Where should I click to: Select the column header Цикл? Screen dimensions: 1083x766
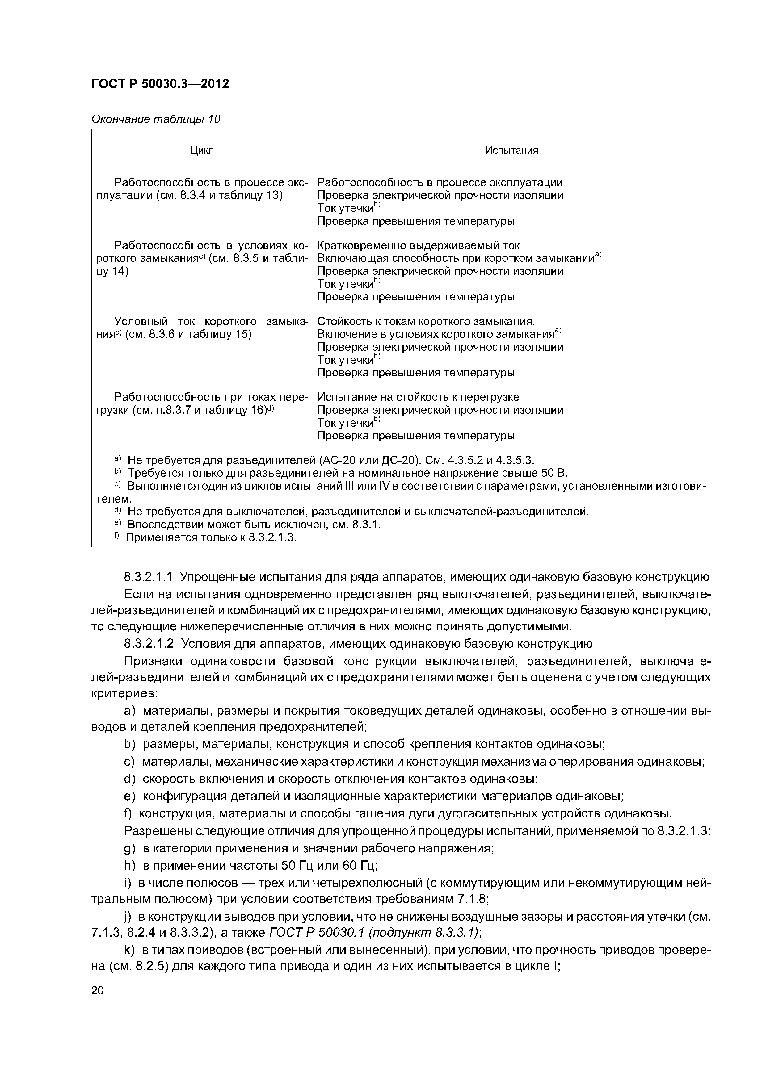(x=202, y=150)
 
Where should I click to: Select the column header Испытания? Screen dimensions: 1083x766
(x=511, y=150)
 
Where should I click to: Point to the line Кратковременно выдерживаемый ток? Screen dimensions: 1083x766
(x=418, y=245)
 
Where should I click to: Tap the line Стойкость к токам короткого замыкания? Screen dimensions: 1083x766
(x=426, y=321)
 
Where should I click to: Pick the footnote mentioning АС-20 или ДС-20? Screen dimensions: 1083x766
(x=330, y=460)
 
